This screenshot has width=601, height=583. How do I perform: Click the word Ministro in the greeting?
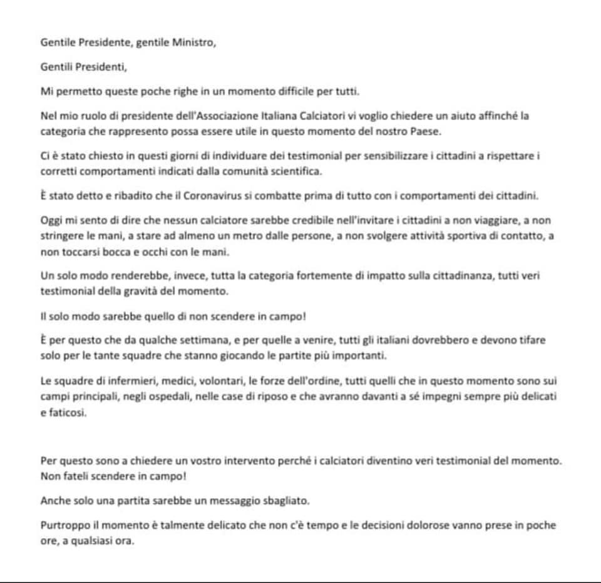click(195, 43)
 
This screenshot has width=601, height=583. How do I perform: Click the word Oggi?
click(51, 221)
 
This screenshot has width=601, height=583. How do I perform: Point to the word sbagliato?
click(297, 501)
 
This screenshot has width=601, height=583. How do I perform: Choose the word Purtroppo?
click(64, 525)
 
